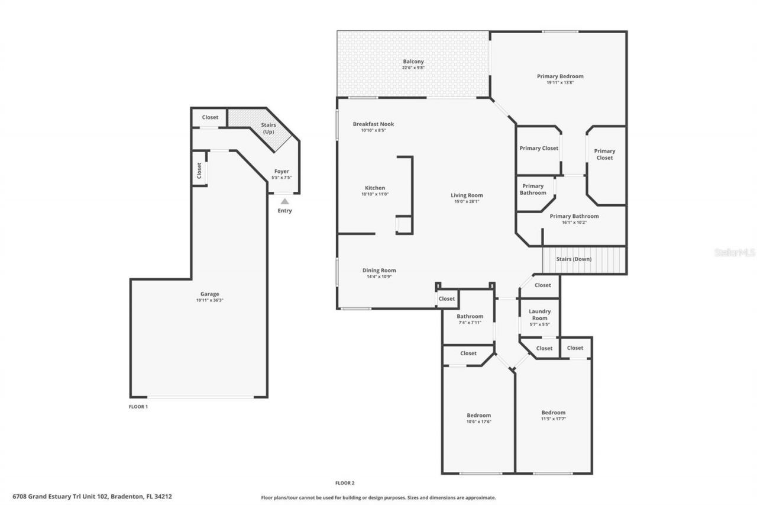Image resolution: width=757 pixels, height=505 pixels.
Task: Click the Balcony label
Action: (x=413, y=62)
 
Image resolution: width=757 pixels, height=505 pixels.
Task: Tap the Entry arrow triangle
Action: (x=284, y=201)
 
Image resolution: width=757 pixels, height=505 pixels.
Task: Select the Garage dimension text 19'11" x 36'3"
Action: (x=209, y=300)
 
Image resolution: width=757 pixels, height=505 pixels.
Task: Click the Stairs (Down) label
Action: (x=574, y=259)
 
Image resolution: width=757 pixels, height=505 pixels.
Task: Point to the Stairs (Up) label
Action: (x=268, y=128)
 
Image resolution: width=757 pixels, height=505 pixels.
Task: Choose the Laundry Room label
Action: (x=539, y=314)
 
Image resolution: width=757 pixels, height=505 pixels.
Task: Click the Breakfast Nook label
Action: (x=373, y=124)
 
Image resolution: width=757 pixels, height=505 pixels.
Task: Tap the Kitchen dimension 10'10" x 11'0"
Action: (x=375, y=194)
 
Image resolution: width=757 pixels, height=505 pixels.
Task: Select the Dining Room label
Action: (x=379, y=271)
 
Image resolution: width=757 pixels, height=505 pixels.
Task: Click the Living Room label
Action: (x=467, y=195)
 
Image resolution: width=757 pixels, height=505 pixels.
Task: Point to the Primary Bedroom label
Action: (x=560, y=76)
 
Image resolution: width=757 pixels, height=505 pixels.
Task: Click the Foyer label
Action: (x=282, y=172)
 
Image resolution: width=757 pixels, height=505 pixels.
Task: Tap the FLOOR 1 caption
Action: (x=138, y=407)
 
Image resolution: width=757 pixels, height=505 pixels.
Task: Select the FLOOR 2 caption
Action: (x=345, y=483)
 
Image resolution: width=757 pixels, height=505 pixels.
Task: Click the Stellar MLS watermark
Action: (x=734, y=252)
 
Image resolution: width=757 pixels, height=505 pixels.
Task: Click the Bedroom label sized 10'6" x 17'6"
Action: (x=478, y=416)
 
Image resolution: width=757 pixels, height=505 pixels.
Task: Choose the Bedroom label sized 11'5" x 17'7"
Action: (x=553, y=413)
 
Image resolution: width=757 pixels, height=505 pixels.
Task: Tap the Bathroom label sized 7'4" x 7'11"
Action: (x=470, y=316)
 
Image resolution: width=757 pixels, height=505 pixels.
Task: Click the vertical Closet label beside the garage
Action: (x=199, y=171)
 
